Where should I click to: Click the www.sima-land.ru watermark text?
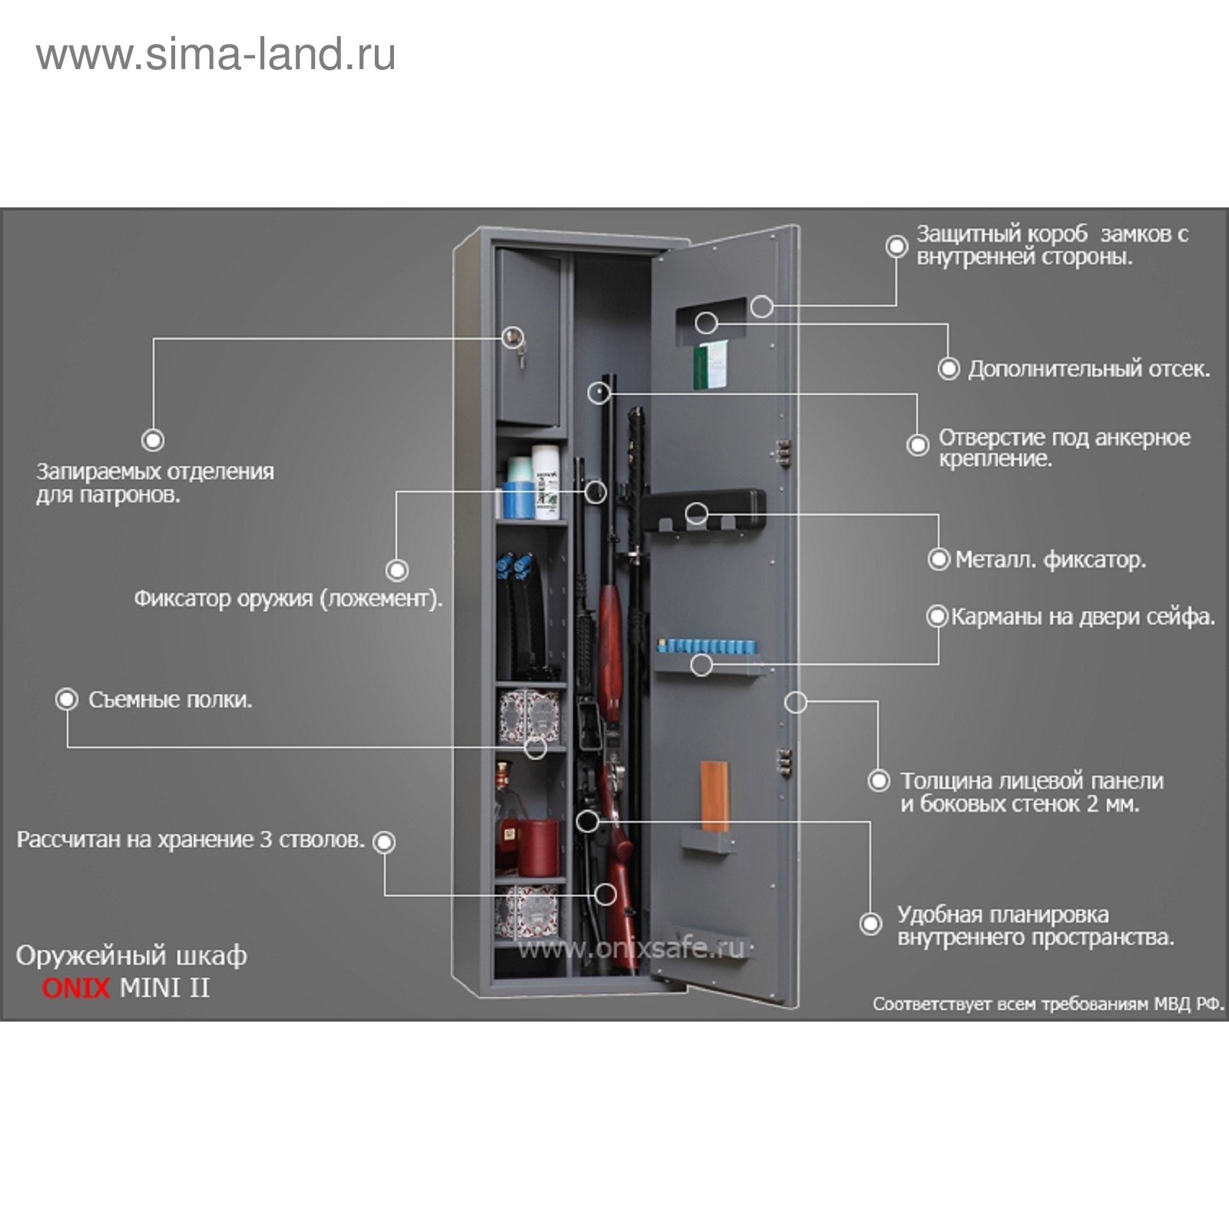click(x=216, y=55)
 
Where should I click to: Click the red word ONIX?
click(x=76, y=987)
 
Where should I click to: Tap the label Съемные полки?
click(x=170, y=700)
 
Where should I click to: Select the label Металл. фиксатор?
click(x=1050, y=559)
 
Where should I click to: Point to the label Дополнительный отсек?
click(x=1088, y=369)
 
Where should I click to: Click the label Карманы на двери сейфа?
click(x=1083, y=617)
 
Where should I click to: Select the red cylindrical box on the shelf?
click(x=538, y=846)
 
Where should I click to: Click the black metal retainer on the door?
click(x=703, y=506)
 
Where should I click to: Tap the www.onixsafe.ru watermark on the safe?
click(x=631, y=949)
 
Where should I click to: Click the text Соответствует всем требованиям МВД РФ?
click(x=1048, y=1004)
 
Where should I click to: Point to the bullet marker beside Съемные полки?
click(x=67, y=700)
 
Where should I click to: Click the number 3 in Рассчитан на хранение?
click(x=266, y=840)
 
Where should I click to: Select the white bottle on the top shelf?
click(x=546, y=485)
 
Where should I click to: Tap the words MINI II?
click(x=164, y=987)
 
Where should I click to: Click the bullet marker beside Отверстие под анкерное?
click(x=918, y=445)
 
